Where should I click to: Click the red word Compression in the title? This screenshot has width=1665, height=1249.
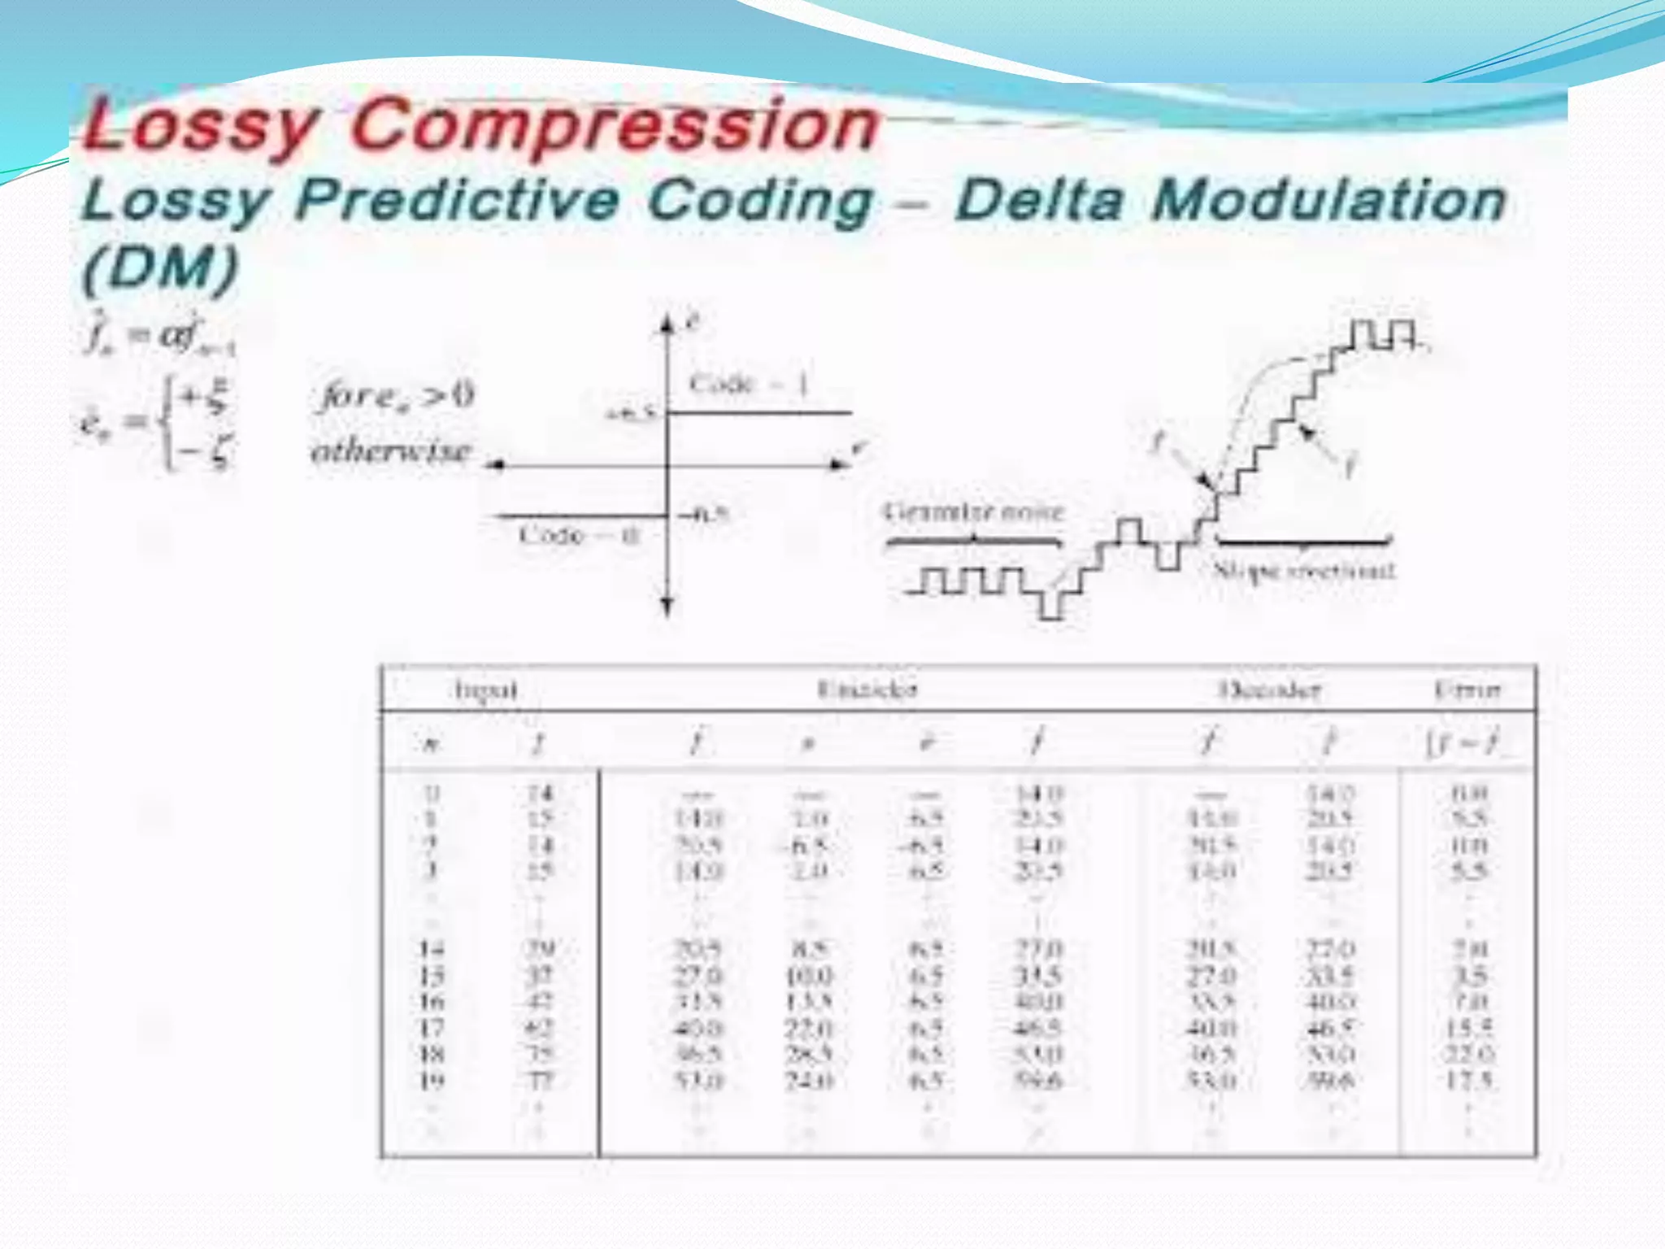click(x=615, y=125)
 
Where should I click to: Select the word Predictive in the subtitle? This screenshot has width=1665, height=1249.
click(x=457, y=200)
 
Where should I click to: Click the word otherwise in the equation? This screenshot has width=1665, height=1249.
click(x=391, y=450)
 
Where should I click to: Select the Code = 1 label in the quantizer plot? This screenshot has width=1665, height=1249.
click(x=748, y=384)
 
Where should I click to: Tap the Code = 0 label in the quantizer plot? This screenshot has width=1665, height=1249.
click(x=580, y=535)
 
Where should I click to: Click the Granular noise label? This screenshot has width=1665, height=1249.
click(x=973, y=512)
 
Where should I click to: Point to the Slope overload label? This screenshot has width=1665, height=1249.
click(x=1304, y=570)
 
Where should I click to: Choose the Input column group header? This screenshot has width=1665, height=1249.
click(x=485, y=690)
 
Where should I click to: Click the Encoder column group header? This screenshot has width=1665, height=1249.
click(x=867, y=690)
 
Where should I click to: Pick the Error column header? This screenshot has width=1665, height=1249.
click(x=1467, y=690)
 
